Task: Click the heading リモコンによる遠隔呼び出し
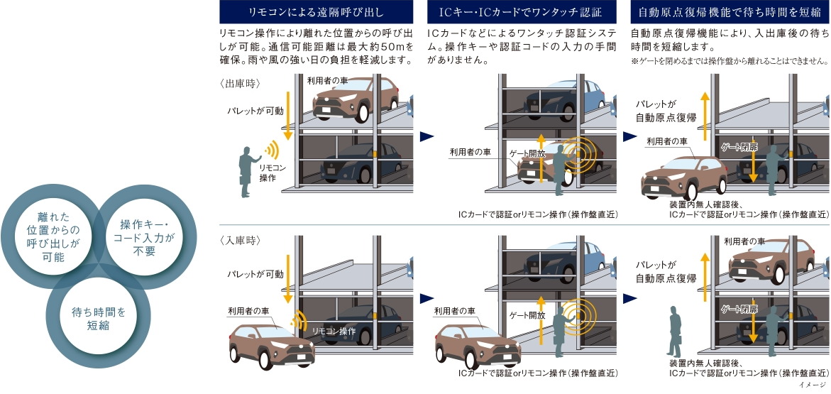[x=317, y=13]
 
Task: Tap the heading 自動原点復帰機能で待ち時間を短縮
[x=726, y=13]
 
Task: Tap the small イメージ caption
[x=812, y=385]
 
